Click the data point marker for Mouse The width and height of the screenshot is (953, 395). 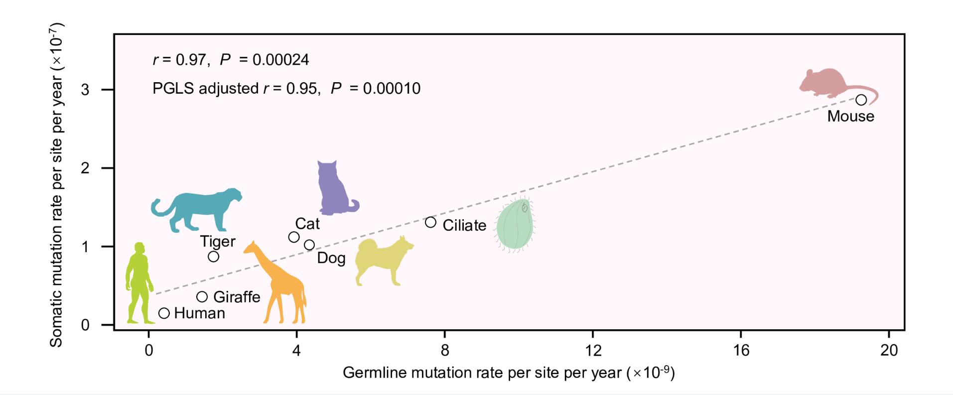click(x=861, y=100)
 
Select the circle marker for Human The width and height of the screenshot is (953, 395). click(x=164, y=313)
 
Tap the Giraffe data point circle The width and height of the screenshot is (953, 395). click(x=202, y=297)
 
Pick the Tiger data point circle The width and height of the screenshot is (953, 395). click(x=213, y=257)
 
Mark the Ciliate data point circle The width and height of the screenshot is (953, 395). click(x=430, y=222)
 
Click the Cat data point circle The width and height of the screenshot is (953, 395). click(x=294, y=237)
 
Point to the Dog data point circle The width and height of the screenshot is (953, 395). click(x=309, y=245)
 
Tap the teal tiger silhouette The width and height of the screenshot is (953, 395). click(x=199, y=207)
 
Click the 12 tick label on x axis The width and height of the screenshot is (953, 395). click(x=593, y=351)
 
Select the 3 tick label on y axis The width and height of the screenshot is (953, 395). click(x=85, y=90)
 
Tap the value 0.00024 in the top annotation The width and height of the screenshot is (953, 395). click(x=280, y=60)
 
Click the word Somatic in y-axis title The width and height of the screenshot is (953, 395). click(x=56, y=321)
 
